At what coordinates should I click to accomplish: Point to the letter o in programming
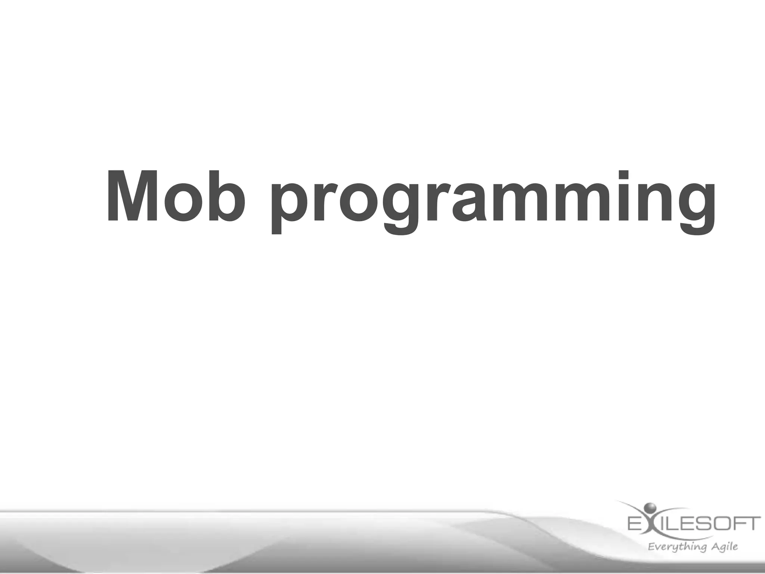[x=357, y=202]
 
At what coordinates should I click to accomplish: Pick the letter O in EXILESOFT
[x=718, y=523]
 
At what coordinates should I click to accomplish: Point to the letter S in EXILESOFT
[x=701, y=523]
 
